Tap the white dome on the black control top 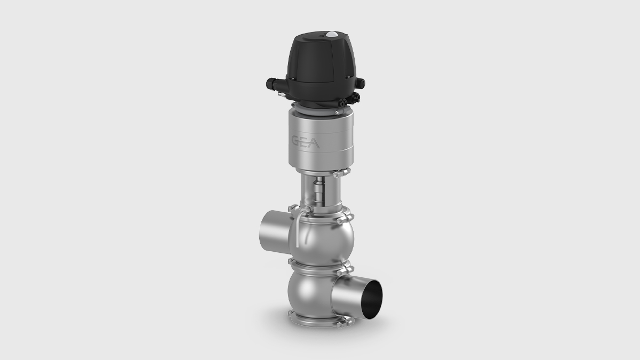(x=332, y=35)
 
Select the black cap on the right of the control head (x=361, y=83)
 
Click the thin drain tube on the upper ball (x=297, y=229)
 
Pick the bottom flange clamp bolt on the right (x=344, y=322)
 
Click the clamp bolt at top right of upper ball (x=346, y=219)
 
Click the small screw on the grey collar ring (x=337, y=113)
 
